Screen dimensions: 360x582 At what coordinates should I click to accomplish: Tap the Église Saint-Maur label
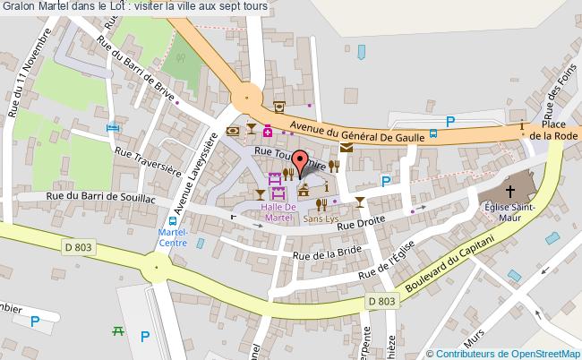pyautogui.click(x=509, y=212)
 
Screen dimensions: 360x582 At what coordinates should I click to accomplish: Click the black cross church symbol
pyautogui.click(x=509, y=191)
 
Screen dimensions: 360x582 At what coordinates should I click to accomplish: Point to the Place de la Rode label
pyautogui.click(x=552, y=130)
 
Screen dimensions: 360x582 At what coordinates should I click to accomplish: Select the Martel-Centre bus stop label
pyautogui.click(x=172, y=236)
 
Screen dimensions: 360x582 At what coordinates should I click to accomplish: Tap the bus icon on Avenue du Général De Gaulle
pyautogui.click(x=433, y=134)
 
